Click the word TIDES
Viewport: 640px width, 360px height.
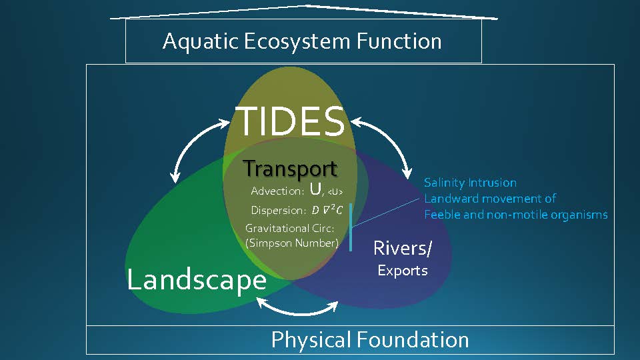[x=291, y=121]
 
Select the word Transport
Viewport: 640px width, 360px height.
[x=290, y=169]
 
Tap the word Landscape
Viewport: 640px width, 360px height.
[x=197, y=279]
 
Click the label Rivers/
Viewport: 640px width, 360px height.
[x=403, y=248]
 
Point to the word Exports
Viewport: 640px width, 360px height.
[x=403, y=271]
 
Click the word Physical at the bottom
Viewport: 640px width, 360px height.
[x=310, y=340]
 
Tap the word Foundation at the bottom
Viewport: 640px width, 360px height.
[x=412, y=340]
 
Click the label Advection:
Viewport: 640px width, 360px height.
[x=277, y=191]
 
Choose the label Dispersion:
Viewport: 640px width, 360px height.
[x=278, y=210]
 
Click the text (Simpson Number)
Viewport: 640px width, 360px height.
[x=292, y=243]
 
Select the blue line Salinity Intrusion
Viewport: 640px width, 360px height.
[x=470, y=183]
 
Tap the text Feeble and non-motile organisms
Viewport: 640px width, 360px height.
[x=515, y=215]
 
